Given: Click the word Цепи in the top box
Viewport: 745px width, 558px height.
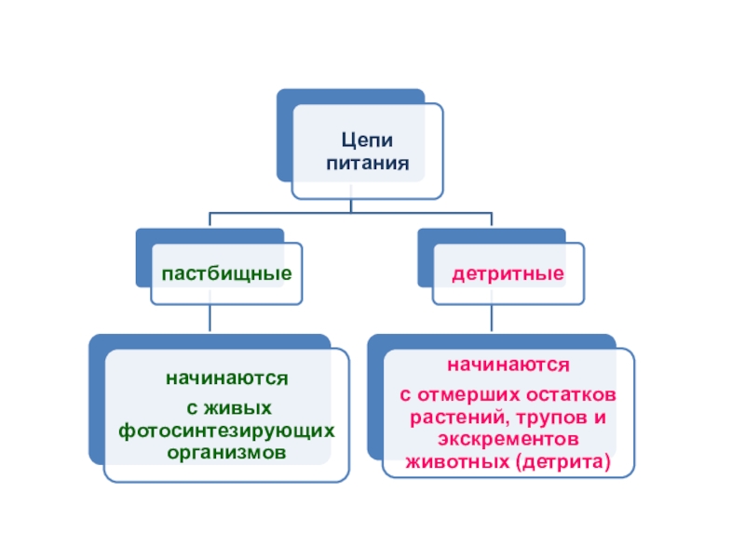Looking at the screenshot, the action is (x=367, y=140).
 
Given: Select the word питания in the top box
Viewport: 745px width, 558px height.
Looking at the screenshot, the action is (x=367, y=164).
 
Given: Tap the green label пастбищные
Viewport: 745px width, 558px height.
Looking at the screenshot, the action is (x=226, y=273).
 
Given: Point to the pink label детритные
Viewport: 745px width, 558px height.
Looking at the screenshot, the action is (x=508, y=273).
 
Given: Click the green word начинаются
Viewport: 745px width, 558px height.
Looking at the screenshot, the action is (x=226, y=379).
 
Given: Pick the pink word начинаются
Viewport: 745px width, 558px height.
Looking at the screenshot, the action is (x=508, y=365).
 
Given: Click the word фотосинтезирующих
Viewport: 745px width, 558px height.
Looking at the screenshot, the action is (x=226, y=431).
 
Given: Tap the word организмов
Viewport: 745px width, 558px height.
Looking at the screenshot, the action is (x=226, y=453).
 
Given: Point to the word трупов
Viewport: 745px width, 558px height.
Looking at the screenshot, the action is (x=551, y=418).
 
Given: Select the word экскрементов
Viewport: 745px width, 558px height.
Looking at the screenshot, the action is (x=508, y=439).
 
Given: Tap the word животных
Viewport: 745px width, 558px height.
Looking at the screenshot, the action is (x=457, y=462).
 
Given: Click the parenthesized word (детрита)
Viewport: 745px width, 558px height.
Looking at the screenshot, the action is (x=563, y=462).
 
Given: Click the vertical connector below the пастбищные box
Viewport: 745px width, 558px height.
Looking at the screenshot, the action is (x=210, y=318).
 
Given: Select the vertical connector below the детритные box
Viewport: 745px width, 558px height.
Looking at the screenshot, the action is (x=492, y=318).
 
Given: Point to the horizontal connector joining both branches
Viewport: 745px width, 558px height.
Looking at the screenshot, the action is (x=351, y=213).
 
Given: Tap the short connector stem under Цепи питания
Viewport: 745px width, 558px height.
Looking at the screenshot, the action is (x=351, y=206).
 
